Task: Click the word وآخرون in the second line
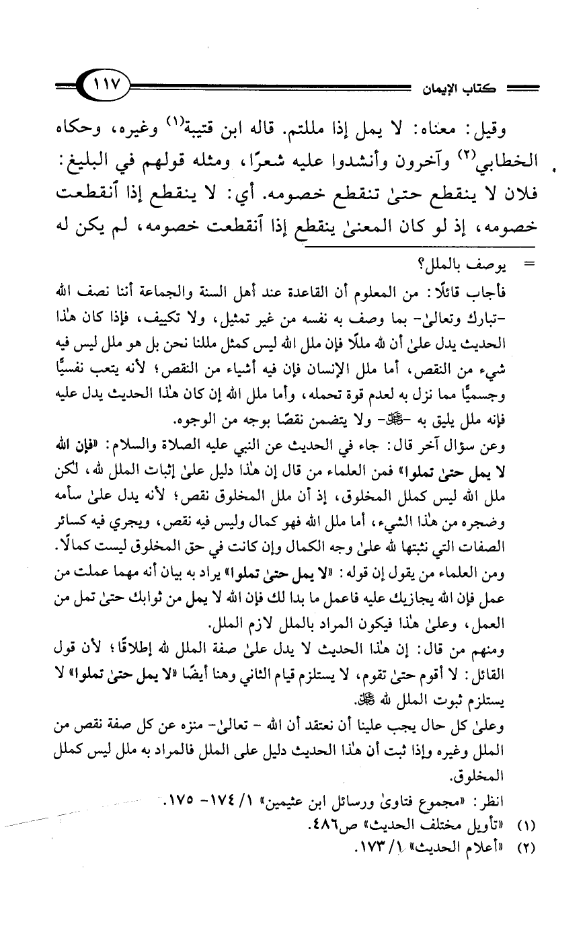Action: point(424,162)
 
